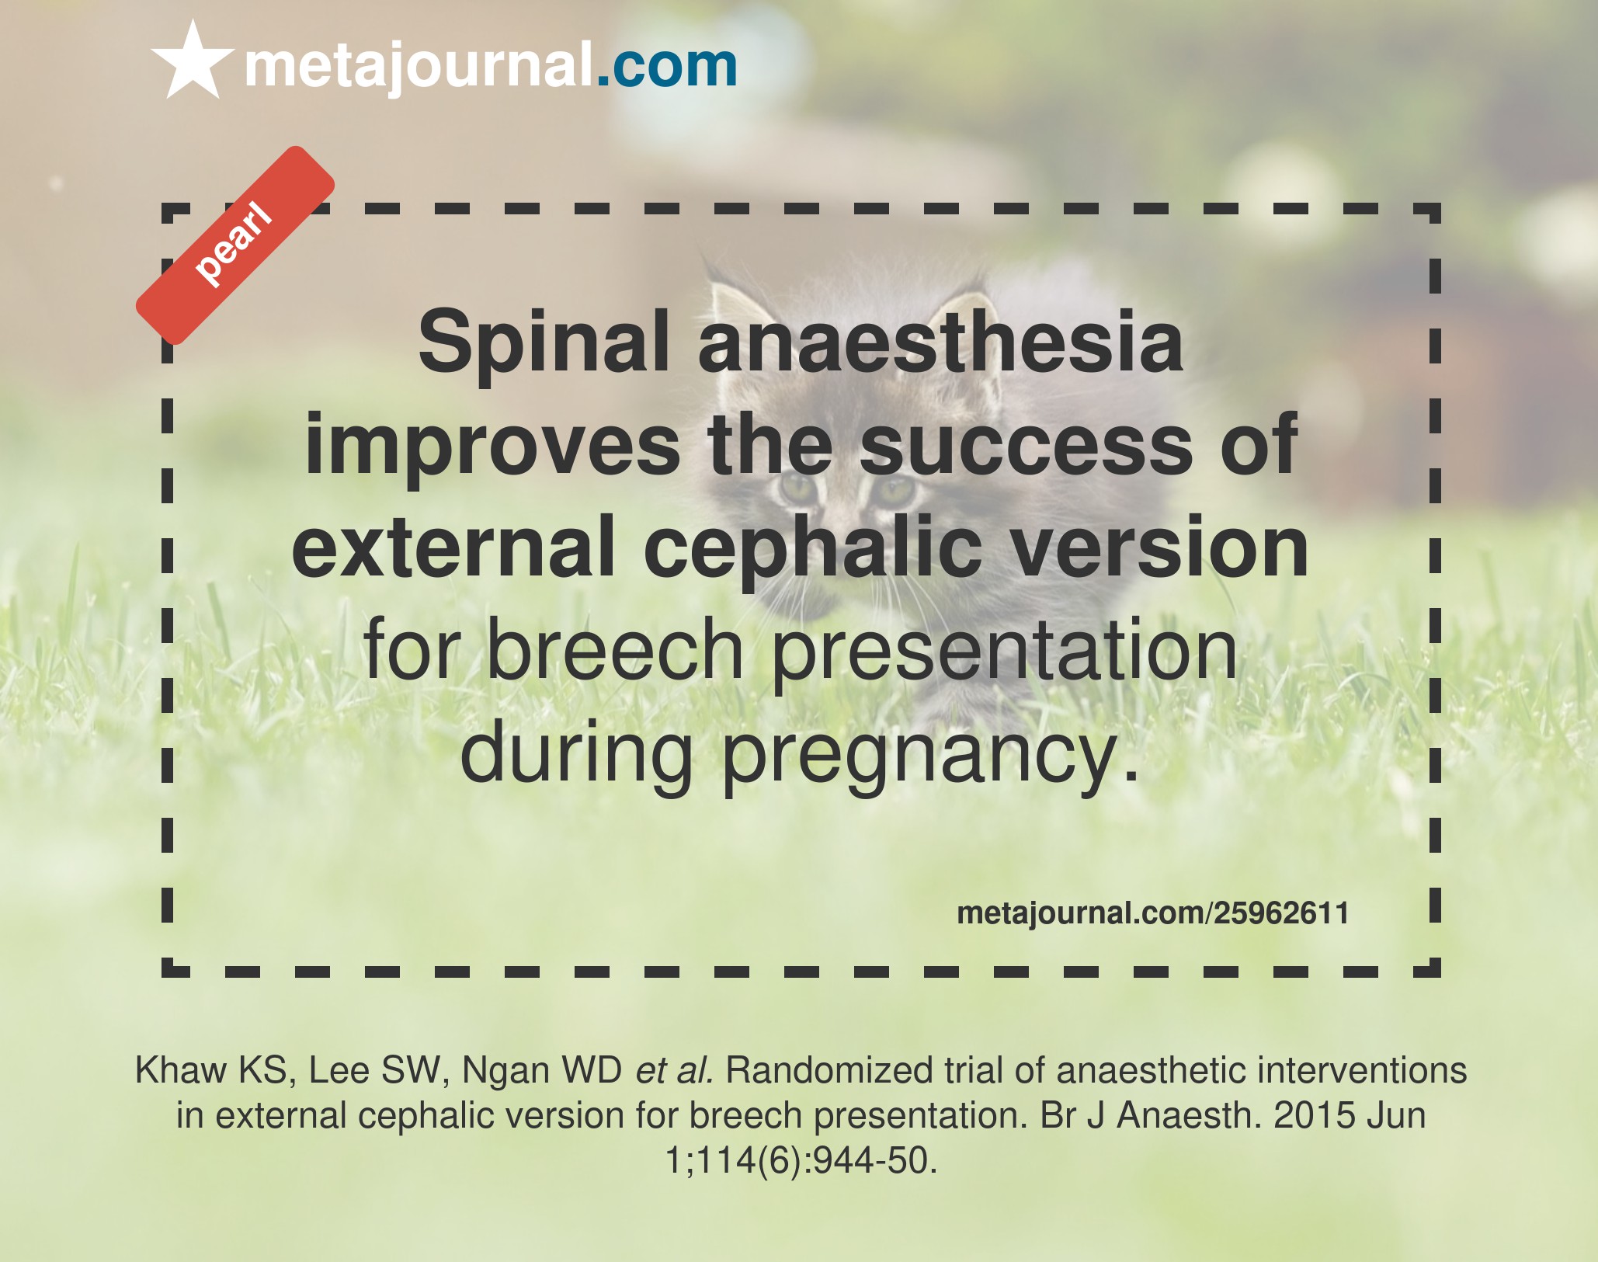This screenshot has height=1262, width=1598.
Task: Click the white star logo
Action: click(193, 61)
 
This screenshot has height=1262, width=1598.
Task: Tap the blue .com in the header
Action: click(666, 65)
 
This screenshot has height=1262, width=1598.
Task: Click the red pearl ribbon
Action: click(235, 245)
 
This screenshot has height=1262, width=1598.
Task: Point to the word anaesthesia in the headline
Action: click(940, 342)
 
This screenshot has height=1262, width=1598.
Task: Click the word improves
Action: click(492, 446)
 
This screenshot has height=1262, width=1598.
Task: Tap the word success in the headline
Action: click(1026, 447)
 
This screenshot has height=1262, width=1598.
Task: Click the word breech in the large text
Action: click(615, 649)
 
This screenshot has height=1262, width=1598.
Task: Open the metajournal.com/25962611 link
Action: click(1152, 913)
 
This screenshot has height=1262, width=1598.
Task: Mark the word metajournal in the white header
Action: click(419, 67)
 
